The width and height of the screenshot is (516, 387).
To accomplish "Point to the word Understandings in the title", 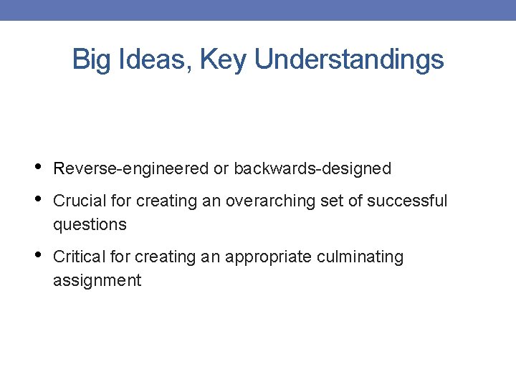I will tap(349, 60).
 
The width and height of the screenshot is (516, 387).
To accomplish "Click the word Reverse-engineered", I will tap(131, 169).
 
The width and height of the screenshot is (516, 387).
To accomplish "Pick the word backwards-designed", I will tap(312, 169).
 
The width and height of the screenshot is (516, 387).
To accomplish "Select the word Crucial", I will tap(78, 201).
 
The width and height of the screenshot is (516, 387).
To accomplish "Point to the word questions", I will tap(90, 225).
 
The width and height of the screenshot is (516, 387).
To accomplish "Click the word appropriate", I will tap(264, 257).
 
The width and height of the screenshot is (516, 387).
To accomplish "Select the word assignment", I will tap(97, 281).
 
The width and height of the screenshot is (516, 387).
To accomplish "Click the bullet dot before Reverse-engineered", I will tap(37, 168).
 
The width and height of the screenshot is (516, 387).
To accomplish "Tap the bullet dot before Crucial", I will tap(37, 200).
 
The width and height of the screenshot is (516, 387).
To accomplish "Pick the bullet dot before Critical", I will tap(37, 256).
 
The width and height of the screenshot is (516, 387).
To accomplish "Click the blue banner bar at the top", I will tap(258, 10).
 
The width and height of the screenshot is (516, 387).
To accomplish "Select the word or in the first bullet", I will tap(221, 169).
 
